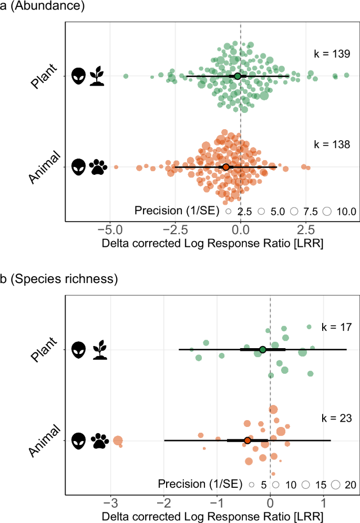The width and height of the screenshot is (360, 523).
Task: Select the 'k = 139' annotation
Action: click(328, 54)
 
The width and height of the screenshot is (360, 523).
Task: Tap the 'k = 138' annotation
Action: click(328, 144)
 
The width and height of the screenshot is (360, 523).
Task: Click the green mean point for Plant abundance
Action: click(238, 76)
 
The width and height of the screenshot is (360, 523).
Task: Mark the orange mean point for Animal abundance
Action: click(226, 167)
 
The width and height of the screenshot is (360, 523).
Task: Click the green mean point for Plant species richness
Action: click(263, 349)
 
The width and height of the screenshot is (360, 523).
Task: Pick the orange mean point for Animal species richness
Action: click(248, 440)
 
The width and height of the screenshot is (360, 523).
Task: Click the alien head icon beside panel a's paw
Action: click(78, 168)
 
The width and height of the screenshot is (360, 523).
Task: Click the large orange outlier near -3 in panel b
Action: click(118, 441)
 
